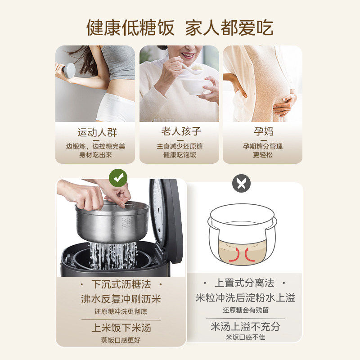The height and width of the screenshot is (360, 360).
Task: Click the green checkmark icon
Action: tap(118, 178)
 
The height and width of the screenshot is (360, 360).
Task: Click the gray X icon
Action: tap(242, 183)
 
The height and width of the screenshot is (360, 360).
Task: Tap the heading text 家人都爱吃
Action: tap(229, 27)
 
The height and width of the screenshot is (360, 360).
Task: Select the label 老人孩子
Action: tap(180, 132)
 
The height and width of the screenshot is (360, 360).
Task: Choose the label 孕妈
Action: tap(262, 132)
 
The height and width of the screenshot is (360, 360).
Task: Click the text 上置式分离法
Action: tap(244, 283)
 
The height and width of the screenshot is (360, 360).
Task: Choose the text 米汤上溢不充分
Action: tap(245, 326)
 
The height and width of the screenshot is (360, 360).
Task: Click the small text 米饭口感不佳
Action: tap(245, 337)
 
